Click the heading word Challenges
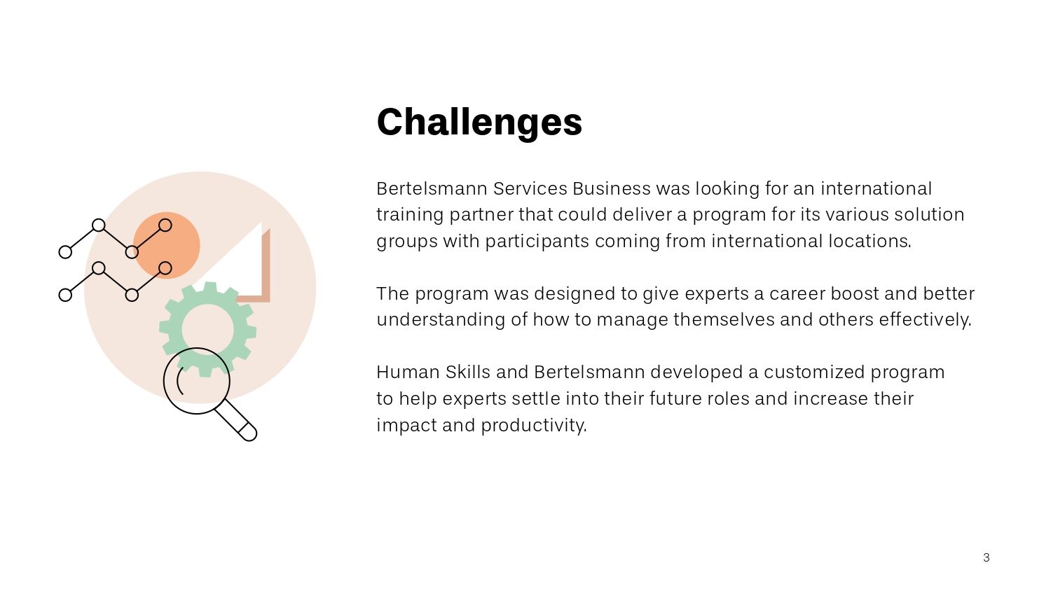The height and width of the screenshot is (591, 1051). click(479, 122)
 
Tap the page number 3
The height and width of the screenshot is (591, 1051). click(986, 557)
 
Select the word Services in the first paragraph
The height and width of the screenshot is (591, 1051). click(530, 188)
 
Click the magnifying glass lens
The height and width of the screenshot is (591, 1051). click(197, 381)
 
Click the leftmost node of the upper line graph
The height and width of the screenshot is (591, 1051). click(65, 252)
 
